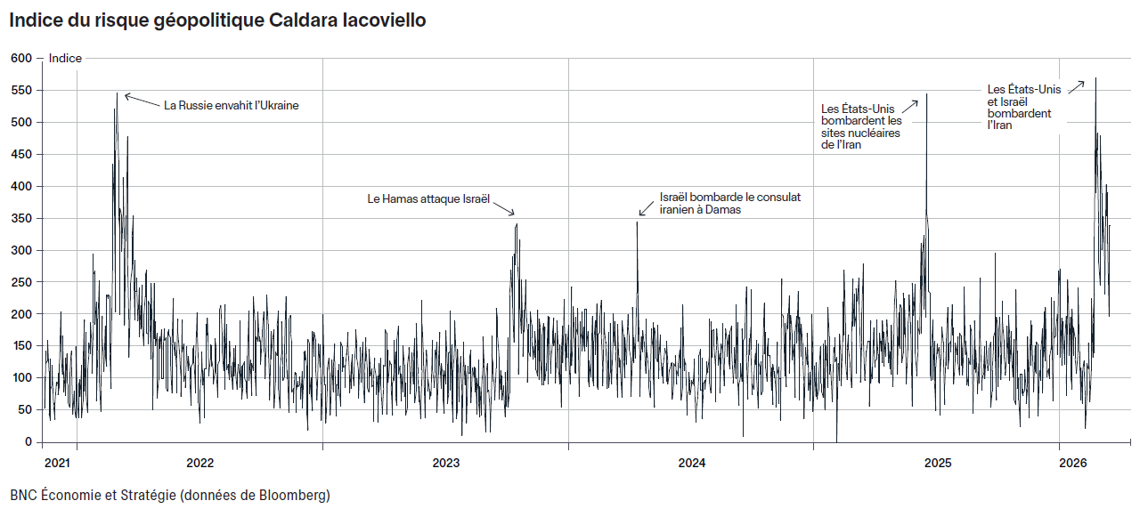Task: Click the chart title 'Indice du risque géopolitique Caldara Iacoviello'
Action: (x=217, y=20)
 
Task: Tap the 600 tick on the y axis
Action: (x=20, y=59)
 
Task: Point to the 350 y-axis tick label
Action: (x=20, y=218)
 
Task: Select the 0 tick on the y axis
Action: (x=28, y=441)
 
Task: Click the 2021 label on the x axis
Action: (x=57, y=463)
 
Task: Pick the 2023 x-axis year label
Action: (x=445, y=463)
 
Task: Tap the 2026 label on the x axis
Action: (x=1073, y=463)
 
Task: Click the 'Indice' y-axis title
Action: (x=65, y=59)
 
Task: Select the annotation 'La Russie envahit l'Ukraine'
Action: (x=231, y=105)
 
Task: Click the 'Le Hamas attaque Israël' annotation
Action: (x=428, y=198)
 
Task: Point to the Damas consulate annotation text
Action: (x=729, y=203)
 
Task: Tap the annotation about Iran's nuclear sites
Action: (x=861, y=126)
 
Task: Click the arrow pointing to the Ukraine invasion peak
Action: (x=142, y=100)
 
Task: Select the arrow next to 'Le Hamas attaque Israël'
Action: (x=504, y=207)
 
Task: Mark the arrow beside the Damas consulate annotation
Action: (x=647, y=208)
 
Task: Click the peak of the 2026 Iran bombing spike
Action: (x=1095, y=78)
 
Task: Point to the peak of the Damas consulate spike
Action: (x=637, y=222)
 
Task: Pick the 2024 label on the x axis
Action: (x=691, y=463)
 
